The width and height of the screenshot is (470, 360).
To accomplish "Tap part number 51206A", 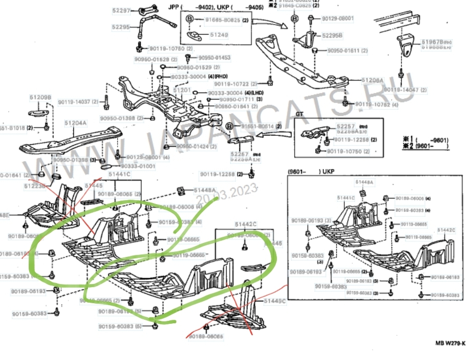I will [372, 80].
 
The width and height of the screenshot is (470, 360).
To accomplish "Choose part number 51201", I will [182, 89].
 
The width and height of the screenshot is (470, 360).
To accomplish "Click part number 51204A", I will [75, 123].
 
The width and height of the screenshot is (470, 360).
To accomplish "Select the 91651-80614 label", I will [257, 126].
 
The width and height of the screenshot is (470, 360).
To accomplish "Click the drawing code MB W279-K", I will [450, 343].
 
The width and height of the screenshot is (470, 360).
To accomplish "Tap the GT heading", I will [299, 115].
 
